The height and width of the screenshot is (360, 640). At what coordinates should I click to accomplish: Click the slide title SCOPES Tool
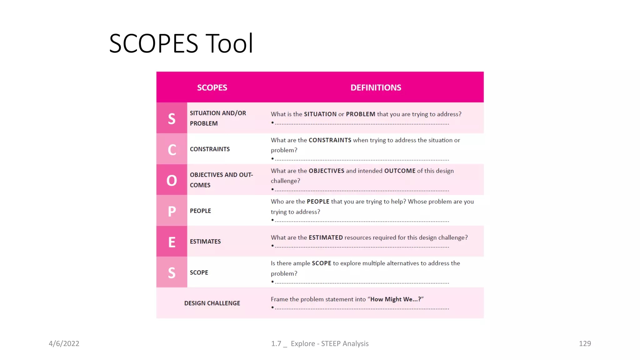click(181, 43)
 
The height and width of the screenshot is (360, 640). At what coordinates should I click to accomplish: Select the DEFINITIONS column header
click(376, 88)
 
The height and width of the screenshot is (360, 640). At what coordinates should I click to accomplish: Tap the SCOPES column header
click(212, 88)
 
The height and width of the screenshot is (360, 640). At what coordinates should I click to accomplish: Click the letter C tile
click(172, 149)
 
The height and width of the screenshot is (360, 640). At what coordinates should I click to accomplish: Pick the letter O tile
click(172, 180)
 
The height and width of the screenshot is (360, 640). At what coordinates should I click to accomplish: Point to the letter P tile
click(172, 211)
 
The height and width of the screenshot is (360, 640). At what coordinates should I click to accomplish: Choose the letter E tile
click(172, 242)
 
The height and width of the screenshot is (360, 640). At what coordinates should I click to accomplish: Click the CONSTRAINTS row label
click(210, 149)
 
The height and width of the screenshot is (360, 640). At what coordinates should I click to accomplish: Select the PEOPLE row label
click(200, 211)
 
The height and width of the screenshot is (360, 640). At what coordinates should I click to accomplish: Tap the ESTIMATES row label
click(205, 242)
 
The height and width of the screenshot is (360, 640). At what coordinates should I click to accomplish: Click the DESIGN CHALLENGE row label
click(212, 303)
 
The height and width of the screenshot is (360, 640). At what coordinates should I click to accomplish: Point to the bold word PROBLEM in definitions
click(360, 114)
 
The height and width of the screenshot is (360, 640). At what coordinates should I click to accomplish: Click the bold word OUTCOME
click(400, 171)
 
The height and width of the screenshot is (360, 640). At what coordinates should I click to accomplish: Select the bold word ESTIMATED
click(326, 237)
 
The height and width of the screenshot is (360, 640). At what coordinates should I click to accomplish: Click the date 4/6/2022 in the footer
click(64, 343)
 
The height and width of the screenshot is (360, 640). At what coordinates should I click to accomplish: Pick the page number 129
click(585, 343)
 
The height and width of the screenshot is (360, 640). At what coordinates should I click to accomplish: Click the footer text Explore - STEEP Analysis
click(330, 343)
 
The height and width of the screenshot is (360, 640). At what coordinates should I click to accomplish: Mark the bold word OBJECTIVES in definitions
click(326, 171)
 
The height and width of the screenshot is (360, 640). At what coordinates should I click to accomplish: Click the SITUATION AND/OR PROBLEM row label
click(218, 118)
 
